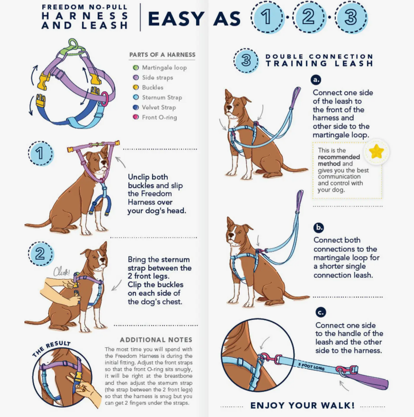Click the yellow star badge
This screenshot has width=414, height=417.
coord(376,151)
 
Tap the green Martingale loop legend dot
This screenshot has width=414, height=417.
coord(136,68)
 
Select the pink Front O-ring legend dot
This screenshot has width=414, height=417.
coord(136,117)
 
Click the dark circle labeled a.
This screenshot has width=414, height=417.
coord(316,80)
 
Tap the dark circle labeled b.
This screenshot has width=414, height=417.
coord(319,227)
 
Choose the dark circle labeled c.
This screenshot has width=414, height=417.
coord(321,312)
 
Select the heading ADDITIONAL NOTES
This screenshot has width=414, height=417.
coord(156,340)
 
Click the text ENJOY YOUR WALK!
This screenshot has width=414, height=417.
coord(303,405)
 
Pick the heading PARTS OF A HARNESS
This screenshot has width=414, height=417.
coord(162,55)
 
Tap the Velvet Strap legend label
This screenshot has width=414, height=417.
coord(159,107)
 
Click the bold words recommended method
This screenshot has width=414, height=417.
coord(339,160)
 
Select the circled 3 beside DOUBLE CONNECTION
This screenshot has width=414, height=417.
coord(246,60)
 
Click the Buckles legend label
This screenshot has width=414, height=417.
coord(152,88)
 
